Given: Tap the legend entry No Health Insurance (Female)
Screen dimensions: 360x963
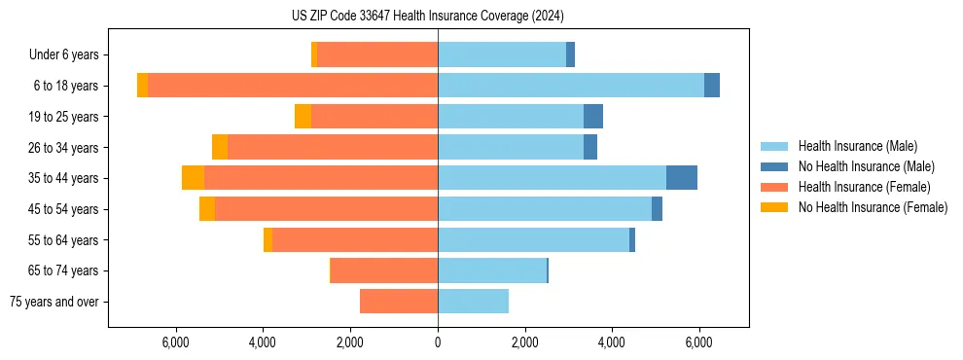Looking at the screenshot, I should pyautogui.click(x=873, y=207).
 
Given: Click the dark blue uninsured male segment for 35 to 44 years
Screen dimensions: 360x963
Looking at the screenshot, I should pyautogui.click(x=682, y=178).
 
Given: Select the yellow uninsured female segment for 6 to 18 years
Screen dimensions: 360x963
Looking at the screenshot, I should pyautogui.click(x=142, y=86).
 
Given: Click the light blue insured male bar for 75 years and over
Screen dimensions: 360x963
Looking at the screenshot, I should pyautogui.click(x=473, y=302).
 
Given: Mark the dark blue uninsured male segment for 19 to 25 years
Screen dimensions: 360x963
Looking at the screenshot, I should pyautogui.click(x=593, y=117).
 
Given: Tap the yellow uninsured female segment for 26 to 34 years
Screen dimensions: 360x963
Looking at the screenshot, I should pyautogui.click(x=220, y=147).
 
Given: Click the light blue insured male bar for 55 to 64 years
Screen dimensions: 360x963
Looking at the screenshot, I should pyautogui.click(x=533, y=239).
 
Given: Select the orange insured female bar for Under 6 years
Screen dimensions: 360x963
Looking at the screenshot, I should pyautogui.click(x=377, y=55).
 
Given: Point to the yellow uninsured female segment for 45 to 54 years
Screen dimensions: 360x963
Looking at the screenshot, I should pyautogui.click(x=207, y=209).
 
